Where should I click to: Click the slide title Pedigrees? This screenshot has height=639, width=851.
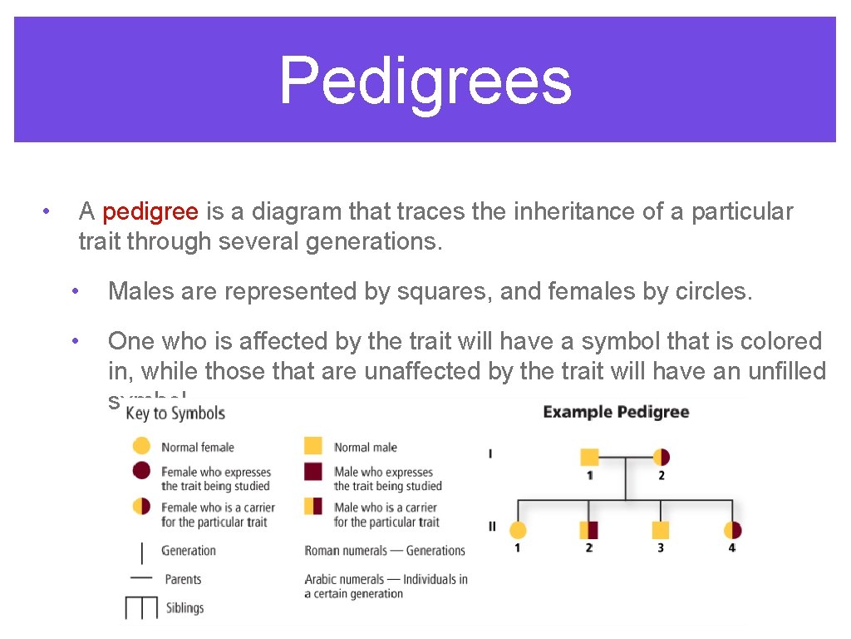point(425,81)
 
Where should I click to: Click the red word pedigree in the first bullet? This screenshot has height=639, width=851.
point(150,212)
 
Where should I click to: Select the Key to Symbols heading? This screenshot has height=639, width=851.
point(175,414)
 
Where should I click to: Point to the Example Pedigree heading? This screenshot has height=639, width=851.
point(616,412)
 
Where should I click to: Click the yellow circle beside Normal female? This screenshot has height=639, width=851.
point(141,446)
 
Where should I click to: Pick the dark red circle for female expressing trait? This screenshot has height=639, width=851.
point(141,472)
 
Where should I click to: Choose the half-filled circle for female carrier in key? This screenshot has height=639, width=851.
point(141,506)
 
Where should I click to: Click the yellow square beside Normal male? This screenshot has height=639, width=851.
point(313,446)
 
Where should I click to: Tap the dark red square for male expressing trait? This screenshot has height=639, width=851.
point(313,472)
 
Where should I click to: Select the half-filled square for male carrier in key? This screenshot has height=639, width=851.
point(313,506)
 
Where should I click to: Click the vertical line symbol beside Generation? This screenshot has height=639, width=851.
point(141,552)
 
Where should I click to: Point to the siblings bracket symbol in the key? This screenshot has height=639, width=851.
point(141,608)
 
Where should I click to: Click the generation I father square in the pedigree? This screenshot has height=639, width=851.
point(589,457)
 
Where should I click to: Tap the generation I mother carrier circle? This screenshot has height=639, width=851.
point(662,457)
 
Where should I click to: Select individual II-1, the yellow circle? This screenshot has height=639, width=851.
point(518,530)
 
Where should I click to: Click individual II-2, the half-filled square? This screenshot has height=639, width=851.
point(589,530)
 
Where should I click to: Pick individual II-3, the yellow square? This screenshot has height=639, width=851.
point(661,530)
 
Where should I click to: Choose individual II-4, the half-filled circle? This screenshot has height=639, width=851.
point(732,530)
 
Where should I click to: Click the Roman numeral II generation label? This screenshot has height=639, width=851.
point(492,526)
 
